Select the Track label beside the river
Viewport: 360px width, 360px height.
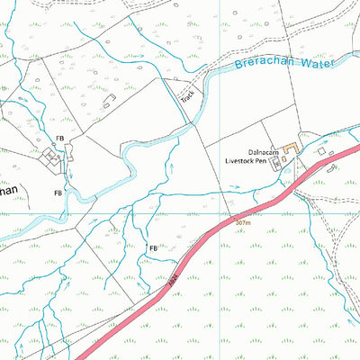click(x=187, y=95)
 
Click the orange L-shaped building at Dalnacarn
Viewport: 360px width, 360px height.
click(x=291, y=147)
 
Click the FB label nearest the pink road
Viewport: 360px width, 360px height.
click(x=153, y=247)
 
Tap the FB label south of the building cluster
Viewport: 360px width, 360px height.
click(x=58, y=193)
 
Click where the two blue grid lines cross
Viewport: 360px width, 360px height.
click(x=220, y=214)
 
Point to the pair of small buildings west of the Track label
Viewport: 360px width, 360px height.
click(x=109, y=105)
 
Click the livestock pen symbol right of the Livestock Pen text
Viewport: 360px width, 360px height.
click(x=275, y=163)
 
